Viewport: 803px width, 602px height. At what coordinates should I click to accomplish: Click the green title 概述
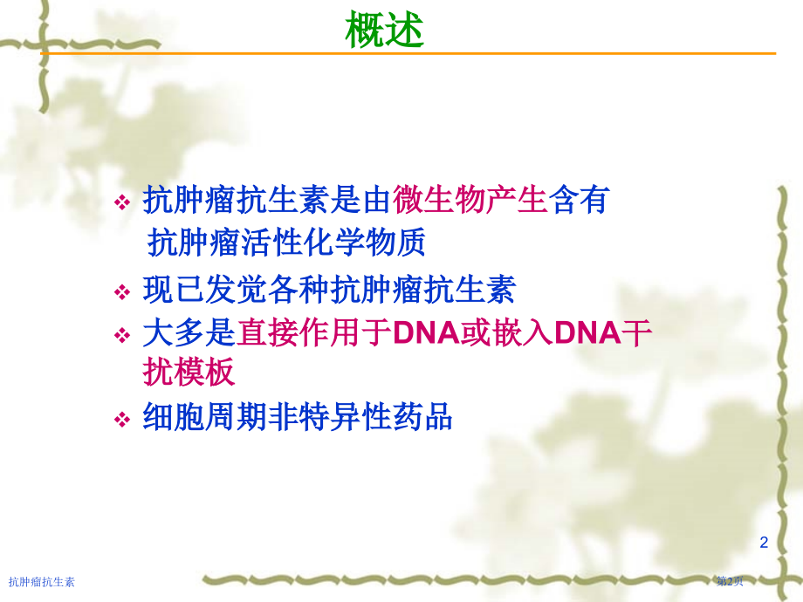384,30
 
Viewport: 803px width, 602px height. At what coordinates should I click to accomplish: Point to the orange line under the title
408,52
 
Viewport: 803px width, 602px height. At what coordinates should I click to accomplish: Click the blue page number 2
764,542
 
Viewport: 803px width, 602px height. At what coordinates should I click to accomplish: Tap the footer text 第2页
730,581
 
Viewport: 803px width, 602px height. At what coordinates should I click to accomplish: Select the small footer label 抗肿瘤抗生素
42,582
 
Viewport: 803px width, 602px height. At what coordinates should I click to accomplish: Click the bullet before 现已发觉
122,292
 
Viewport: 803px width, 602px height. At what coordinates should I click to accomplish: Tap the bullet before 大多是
122,335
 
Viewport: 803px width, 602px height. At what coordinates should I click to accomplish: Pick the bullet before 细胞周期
122,420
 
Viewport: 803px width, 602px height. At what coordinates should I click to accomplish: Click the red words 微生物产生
470,200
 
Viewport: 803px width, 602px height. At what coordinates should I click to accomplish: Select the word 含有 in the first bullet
579,200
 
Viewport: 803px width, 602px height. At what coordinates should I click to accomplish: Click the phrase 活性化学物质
333,243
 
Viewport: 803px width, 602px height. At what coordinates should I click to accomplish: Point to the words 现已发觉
204,290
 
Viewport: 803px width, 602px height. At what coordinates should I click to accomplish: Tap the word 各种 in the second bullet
298,290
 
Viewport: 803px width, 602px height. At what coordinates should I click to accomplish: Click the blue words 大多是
189,332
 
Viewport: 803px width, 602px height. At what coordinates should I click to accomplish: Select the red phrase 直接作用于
313,332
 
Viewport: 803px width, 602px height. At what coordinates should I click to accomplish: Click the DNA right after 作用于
427,332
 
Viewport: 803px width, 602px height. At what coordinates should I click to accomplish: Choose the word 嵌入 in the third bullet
523,332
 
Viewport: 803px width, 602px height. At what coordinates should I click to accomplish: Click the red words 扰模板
189,372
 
